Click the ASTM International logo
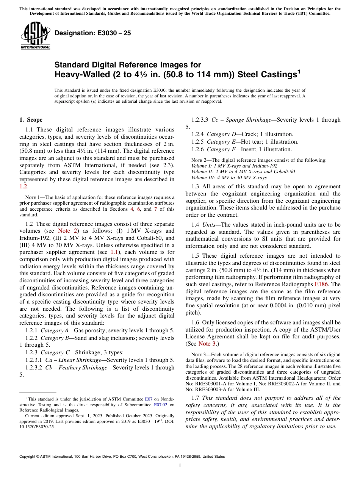[35, 36]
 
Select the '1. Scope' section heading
[31, 120]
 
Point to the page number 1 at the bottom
[180, 465]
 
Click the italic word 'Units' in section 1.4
[210, 225]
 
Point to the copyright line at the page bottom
[122, 457]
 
